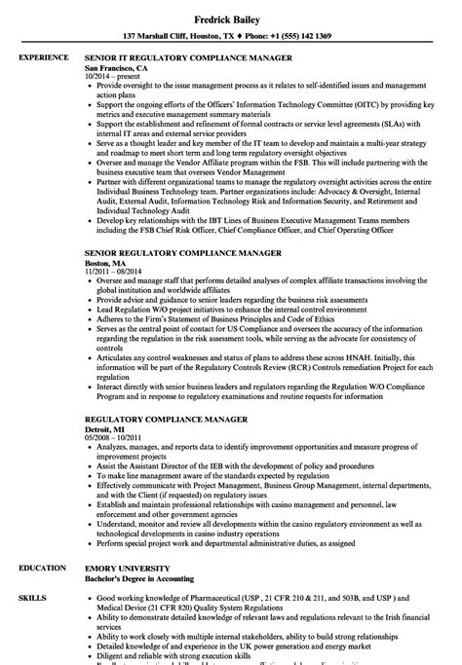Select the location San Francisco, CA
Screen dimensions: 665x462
pos(115,69)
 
